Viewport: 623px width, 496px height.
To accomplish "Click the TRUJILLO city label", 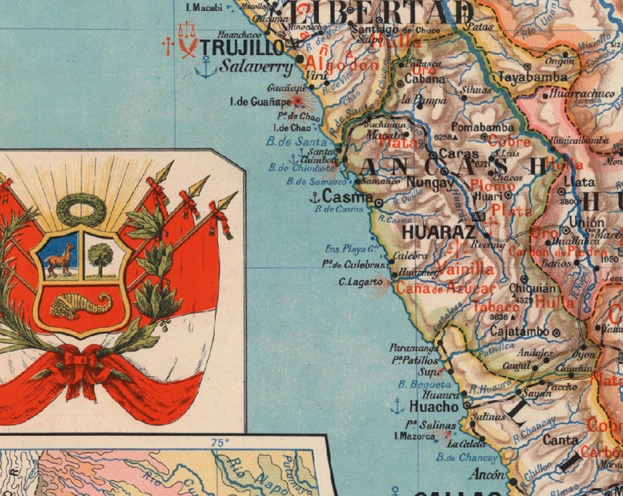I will (x=231, y=47).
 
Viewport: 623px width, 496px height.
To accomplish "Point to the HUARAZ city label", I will (x=439, y=232).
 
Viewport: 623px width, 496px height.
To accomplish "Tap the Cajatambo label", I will (x=519, y=331).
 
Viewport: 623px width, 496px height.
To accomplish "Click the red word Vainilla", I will (x=466, y=269).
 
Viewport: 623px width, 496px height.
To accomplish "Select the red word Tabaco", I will (x=496, y=306).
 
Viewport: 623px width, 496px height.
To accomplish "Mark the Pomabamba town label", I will (x=485, y=127).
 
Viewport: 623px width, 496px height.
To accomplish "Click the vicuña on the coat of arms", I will (x=60, y=258).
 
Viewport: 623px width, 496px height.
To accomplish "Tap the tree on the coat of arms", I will (x=100, y=257).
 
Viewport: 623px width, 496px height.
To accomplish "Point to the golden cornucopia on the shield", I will (x=82, y=304).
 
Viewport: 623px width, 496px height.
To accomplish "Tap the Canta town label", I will (x=560, y=440).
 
